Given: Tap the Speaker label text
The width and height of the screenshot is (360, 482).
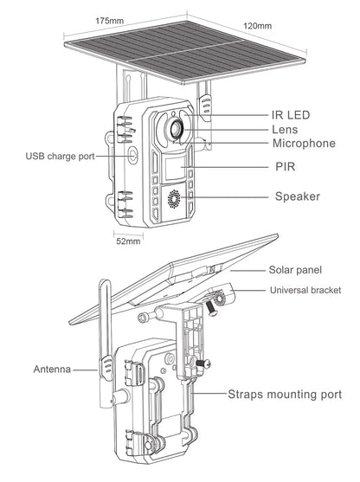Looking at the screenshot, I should [298, 196].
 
